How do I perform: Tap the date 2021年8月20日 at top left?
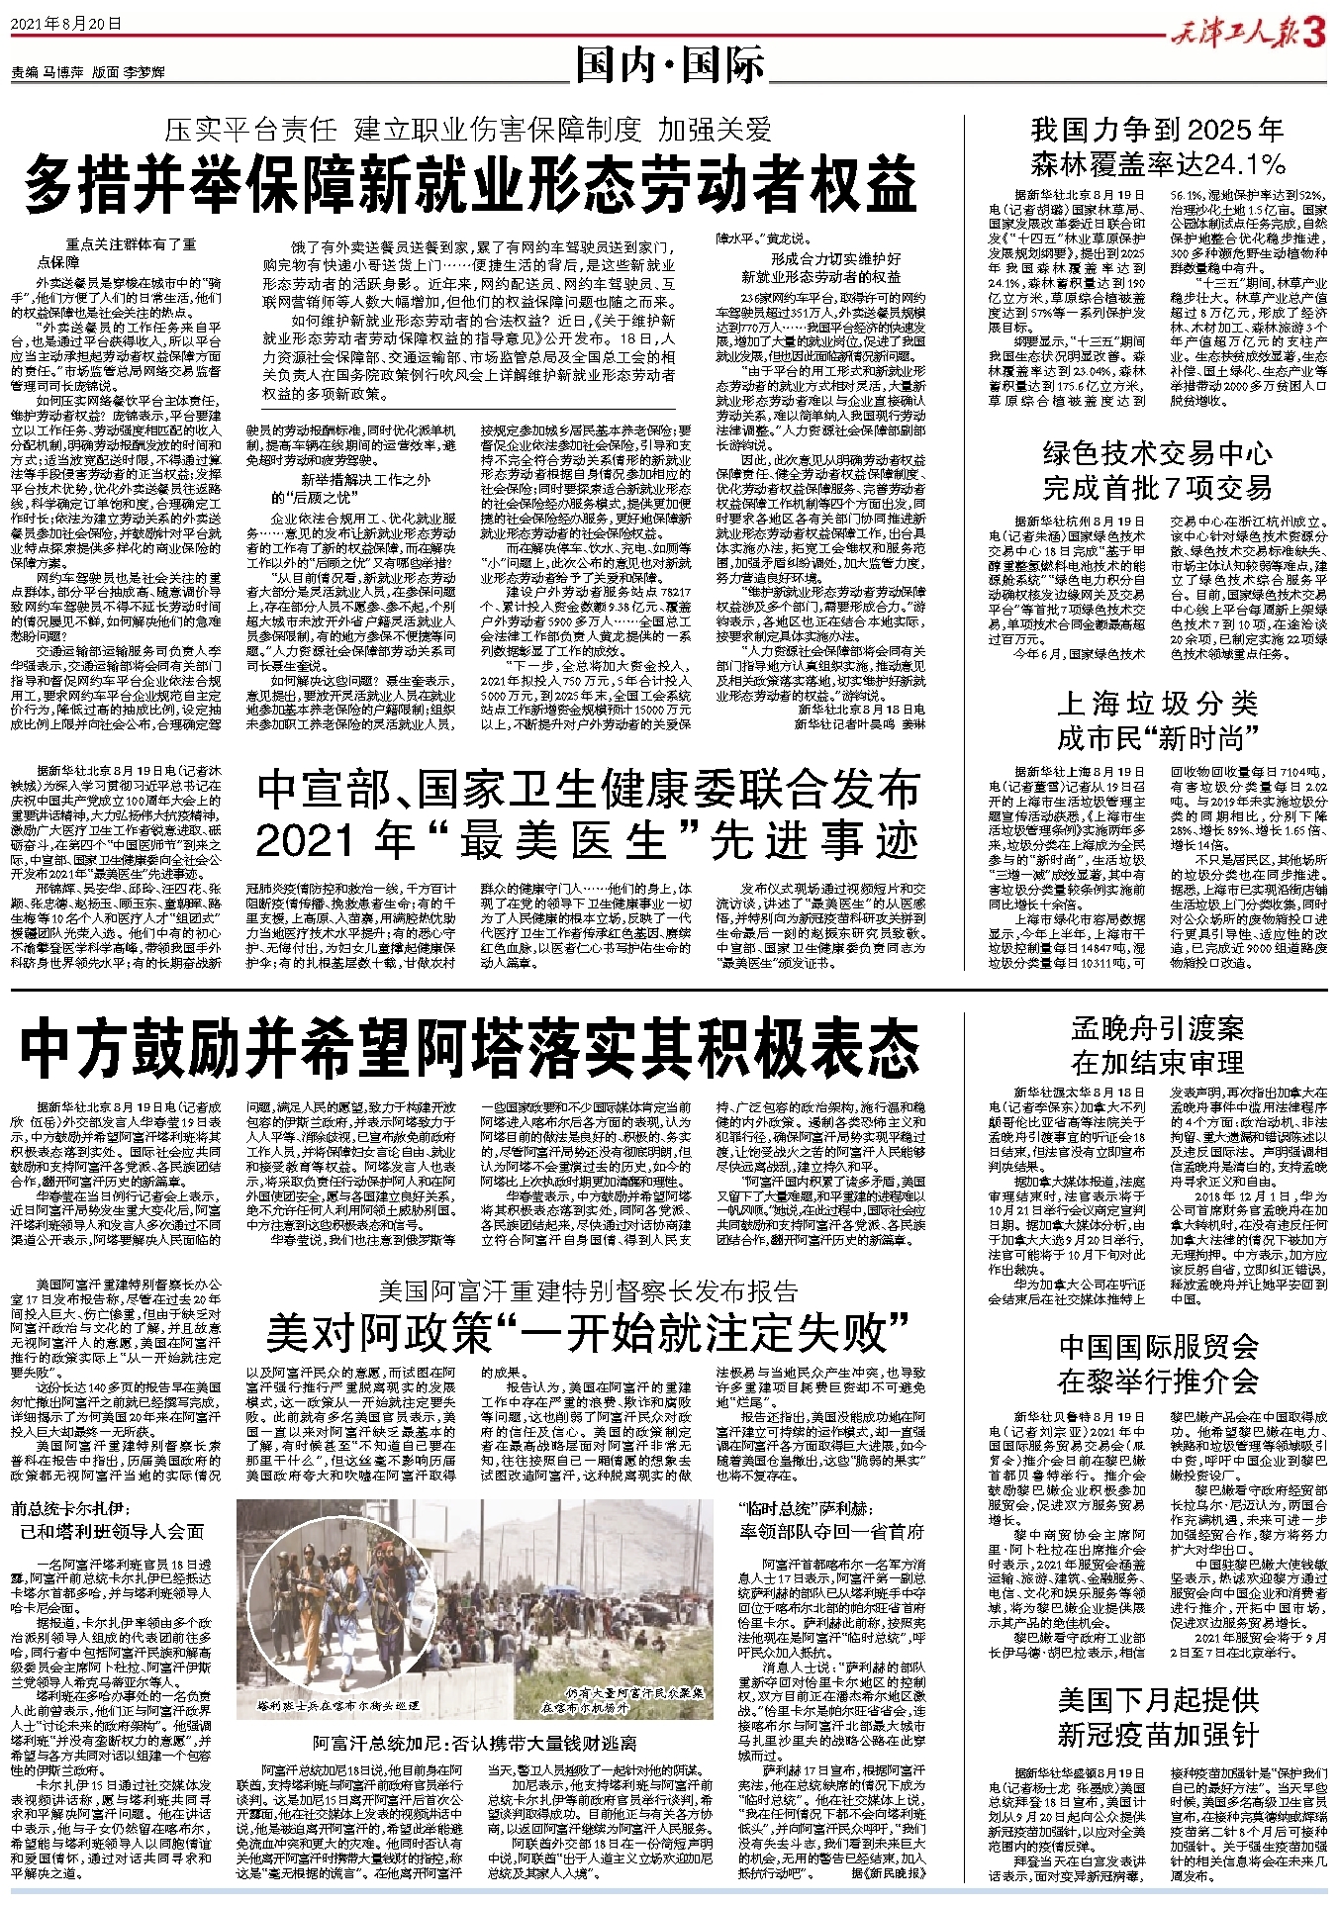point(66,23)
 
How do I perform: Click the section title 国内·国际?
point(672,67)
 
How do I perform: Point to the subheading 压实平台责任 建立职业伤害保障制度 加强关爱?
point(468,130)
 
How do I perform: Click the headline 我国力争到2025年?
point(1157,130)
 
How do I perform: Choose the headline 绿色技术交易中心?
point(1157,454)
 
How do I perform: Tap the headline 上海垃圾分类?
point(1157,704)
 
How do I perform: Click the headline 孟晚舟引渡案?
point(1157,1028)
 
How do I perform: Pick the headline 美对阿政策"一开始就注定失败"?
point(588,1334)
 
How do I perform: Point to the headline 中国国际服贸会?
point(1157,1346)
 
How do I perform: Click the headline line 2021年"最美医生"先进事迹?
point(588,841)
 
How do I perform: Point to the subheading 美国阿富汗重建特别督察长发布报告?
point(588,1290)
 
